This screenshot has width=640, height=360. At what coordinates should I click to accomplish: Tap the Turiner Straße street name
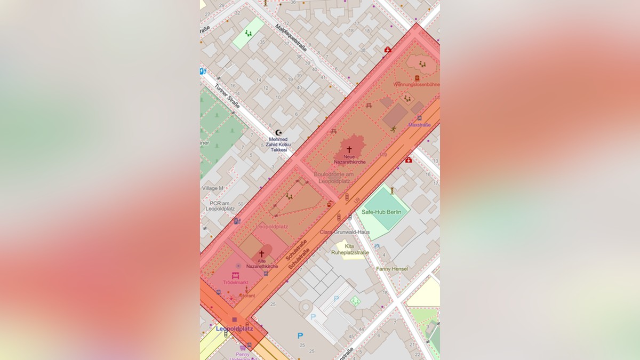[227, 97]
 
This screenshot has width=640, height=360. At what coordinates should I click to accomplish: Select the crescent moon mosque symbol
[278, 132]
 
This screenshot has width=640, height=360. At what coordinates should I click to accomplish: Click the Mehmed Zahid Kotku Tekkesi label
[278, 145]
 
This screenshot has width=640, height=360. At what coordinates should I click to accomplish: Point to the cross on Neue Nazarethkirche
[349, 149]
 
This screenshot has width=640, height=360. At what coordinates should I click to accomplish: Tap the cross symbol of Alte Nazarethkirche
[261, 253]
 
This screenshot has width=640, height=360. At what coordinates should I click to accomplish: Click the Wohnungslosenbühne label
[417, 84]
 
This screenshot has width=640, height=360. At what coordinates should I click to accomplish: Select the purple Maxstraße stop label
[419, 125]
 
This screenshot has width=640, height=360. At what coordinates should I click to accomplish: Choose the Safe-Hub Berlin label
[381, 212]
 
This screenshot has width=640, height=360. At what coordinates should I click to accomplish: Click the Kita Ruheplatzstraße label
[349, 249]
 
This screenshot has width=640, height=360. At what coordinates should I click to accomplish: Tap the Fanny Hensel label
[392, 269]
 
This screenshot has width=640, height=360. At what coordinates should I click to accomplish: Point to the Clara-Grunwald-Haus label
[345, 232]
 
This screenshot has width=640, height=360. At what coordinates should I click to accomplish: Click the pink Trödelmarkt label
[235, 282]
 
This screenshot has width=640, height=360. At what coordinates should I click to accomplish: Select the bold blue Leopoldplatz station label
[234, 329]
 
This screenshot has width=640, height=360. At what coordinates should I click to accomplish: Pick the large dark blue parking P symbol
[300, 335]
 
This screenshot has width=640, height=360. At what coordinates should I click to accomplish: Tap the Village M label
[213, 188]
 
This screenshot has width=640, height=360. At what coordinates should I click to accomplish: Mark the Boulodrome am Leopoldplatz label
[334, 178]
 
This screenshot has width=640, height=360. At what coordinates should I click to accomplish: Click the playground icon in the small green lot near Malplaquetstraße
[248, 33]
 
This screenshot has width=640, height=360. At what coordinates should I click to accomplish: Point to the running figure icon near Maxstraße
[394, 129]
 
